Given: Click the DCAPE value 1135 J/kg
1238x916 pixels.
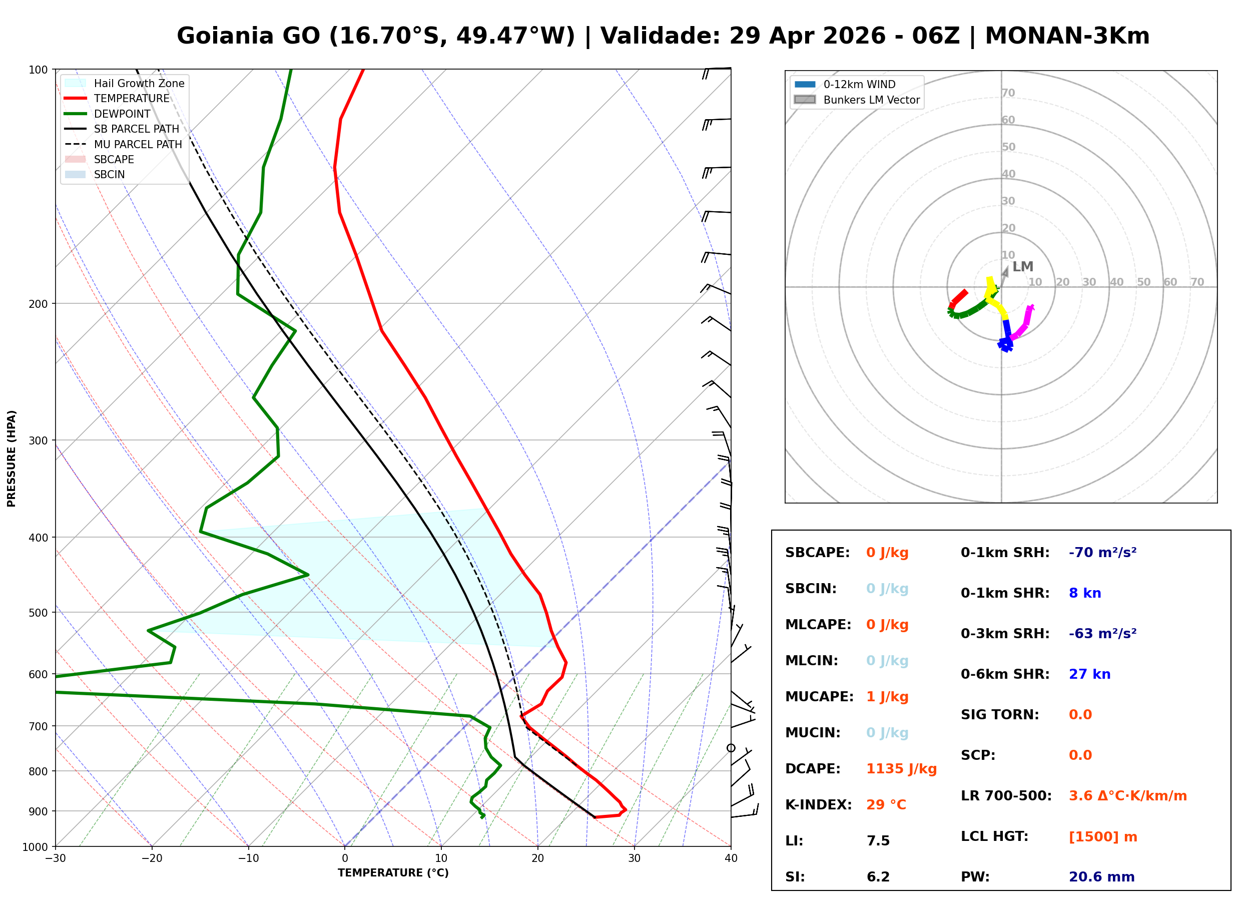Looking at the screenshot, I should (x=901, y=769).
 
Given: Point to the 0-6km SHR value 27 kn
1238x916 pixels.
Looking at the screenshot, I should (x=1089, y=674).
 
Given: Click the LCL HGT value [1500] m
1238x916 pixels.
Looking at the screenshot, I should (x=1103, y=837).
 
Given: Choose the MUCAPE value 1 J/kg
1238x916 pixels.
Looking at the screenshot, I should (x=887, y=697).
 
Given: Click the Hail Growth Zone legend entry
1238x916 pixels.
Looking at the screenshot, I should (x=139, y=83).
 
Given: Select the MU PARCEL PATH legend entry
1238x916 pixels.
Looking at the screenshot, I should (x=138, y=144).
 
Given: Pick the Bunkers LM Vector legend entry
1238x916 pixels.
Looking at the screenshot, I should (x=871, y=100).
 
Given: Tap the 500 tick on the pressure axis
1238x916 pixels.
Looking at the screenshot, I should (x=38, y=613).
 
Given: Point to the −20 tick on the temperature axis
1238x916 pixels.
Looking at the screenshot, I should (x=152, y=858).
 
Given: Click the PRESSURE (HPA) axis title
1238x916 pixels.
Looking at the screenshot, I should (x=12, y=459).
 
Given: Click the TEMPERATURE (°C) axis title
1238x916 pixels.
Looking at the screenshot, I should (x=393, y=873).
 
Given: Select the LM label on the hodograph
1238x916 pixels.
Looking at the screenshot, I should (x=1022, y=267).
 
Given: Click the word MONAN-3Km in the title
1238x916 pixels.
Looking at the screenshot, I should (x=1067, y=36).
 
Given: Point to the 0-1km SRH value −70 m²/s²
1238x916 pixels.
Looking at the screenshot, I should (x=1102, y=553).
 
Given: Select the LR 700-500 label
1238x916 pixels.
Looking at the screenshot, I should (x=1006, y=796).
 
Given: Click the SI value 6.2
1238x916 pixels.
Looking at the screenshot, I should (x=878, y=877).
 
